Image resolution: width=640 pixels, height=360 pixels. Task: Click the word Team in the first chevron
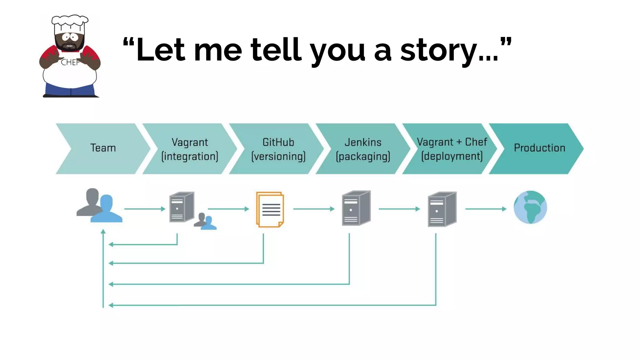pyautogui.click(x=103, y=148)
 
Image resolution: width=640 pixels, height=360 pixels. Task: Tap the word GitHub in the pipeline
pyautogui.click(x=278, y=142)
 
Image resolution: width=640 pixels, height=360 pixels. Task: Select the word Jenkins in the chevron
pyautogui.click(x=363, y=142)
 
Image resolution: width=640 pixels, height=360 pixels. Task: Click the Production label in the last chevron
pyautogui.click(x=539, y=148)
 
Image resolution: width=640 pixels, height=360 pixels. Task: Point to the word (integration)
pyautogui.click(x=190, y=156)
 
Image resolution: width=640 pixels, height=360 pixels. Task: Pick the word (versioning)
pyautogui.click(x=278, y=156)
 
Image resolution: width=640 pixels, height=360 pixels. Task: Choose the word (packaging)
pyautogui.click(x=363, y=156)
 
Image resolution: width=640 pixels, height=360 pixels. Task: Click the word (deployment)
pyautogui.click(x=452, y=156)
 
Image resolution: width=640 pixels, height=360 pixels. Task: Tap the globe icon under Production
pyautogui.click(x=530, y=207)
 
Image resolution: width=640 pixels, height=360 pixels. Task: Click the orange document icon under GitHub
pyautogui.click(x=270, y=209)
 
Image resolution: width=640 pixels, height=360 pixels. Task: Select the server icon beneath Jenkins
pyautogui.click(x=356, y=208)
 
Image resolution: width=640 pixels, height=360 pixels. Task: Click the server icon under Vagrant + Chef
pyautogui.click(x=442, y=209)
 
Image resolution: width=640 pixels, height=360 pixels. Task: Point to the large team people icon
pyautogui.click(x=99, y=206)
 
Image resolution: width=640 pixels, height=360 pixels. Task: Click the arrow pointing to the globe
pyautogui.click(x=486, y=209)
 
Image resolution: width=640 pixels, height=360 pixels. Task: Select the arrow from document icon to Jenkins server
pyautogui.click(x=314, y=209)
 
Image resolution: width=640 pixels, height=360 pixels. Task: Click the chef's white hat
pyautogui.click(x=70, y=24)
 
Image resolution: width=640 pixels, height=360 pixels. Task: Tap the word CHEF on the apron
pyautogui.click(x=70, y=62)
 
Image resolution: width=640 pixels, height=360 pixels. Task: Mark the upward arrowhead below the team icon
pyautogui.click(x=103, y=232)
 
